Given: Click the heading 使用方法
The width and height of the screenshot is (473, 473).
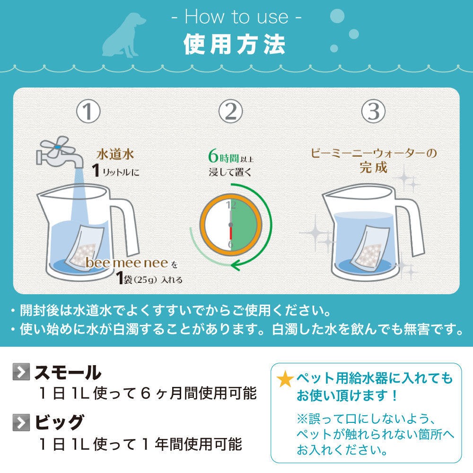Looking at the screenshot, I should click(235, 45).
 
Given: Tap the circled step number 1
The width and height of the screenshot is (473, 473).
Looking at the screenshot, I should click(88, 112).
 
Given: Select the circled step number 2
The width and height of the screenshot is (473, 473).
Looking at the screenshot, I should click(231, 112).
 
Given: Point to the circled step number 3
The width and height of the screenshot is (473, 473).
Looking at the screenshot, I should click(373, 112).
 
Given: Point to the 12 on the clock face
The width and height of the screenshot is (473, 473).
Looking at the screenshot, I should click(231, 205).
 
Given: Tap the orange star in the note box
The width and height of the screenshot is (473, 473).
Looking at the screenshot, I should click(285, 379).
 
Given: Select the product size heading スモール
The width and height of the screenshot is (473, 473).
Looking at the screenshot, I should click(68, 373).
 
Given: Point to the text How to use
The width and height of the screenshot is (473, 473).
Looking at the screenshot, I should click(236, 17).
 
